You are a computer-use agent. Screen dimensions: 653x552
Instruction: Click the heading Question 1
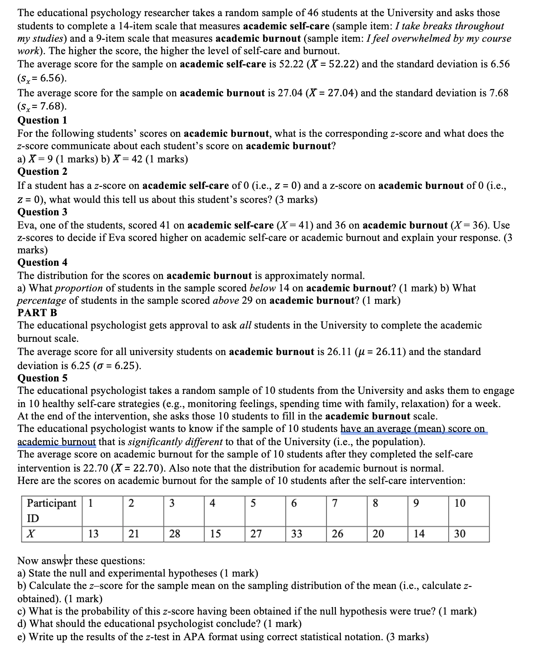click(x=42, y=120)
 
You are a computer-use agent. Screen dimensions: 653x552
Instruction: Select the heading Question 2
click(x=42, y=172)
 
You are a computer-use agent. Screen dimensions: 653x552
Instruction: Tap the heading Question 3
click(x=42, y=212)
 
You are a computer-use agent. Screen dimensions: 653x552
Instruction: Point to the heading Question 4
click(x=42, y=262)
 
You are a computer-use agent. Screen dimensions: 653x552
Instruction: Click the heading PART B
click(x=37, y=312)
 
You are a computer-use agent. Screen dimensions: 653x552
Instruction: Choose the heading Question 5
click(x=42, y=378)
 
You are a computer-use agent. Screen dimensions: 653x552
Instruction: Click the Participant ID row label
click(x=51, y=510)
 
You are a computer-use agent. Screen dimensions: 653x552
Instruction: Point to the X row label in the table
click(x=31, y=534)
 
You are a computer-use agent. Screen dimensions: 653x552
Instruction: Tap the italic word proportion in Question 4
click(x=79, y=288)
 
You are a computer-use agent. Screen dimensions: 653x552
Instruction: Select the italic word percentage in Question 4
click(x=41, y=300)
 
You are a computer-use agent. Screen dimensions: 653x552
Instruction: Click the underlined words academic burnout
click(x=57, y=442)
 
